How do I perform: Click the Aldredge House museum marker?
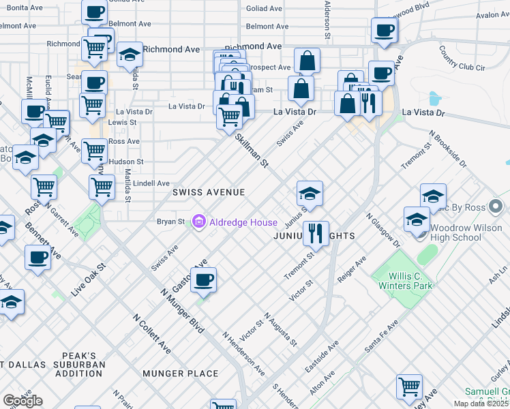click(199, 222)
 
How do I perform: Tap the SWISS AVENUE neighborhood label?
click(208, 193)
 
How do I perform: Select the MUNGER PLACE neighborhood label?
click(181, 374)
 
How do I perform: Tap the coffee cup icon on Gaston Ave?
click(203, 279)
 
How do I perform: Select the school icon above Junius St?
click(310, 194)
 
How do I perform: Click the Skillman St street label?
click(252, 151)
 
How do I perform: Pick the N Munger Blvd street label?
click(182, 311)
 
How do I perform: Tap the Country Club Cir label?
click(462, 59)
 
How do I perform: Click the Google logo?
click(22, 401)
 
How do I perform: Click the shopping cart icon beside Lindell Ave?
click(102, 186)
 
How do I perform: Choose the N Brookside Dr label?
click(447, 150)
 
